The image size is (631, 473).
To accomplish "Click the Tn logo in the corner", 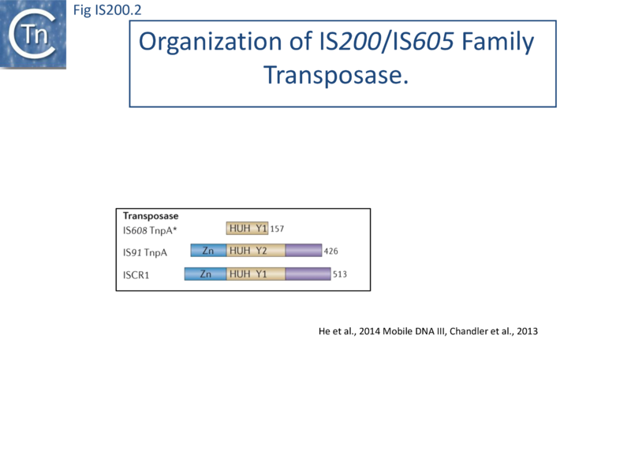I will pos(33,33).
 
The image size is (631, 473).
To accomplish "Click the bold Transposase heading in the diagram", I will pos(150,215).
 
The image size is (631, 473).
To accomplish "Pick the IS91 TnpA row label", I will pos(145,252).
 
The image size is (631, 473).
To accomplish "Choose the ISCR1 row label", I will pos(137,275).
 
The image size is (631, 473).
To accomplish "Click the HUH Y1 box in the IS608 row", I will pos(248,229).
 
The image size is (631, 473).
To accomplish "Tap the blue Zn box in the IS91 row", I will pos(208,251).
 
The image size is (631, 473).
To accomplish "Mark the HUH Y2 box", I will pos(256,251).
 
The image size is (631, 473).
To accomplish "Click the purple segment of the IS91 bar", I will pos(303,251).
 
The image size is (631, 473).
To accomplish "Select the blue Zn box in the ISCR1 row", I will pos(205,274).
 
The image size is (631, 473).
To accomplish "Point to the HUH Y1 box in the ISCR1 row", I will pos(256,274).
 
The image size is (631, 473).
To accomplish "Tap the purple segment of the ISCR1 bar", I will pos(308,274).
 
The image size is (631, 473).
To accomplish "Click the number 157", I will pos(276,229).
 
